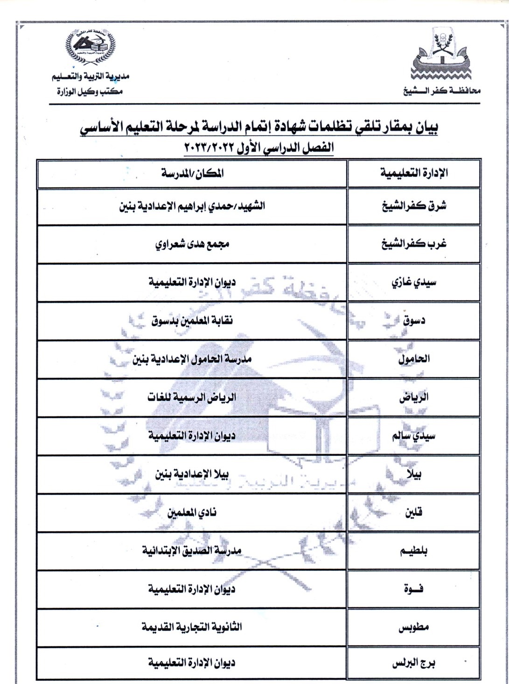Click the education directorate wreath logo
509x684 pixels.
[90, 47]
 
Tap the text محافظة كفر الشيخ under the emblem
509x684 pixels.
[441, 91]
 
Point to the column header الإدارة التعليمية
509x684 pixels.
[414, 173]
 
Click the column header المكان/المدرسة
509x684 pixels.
[192, 173]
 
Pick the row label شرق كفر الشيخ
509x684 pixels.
[414, 206]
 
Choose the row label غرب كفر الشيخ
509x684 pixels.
[414, 244]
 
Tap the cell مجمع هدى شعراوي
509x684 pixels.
[192, 244]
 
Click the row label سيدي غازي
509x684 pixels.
[414, 282]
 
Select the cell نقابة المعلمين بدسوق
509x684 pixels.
[192, 321]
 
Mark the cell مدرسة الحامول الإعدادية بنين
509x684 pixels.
[192, 359]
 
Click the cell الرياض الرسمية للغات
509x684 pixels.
[192, 398]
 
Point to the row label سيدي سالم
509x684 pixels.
[414, 436]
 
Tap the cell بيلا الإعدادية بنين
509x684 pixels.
[192, 474]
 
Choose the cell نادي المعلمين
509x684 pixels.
[192, 512]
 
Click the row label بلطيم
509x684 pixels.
[414, 551]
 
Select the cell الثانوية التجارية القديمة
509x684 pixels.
[192, 627]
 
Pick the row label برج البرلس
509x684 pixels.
[414, 663]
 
